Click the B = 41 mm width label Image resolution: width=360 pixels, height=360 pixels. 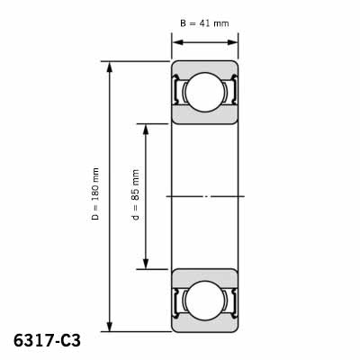point(204,23)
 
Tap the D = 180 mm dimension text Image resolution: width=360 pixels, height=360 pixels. point(95,193)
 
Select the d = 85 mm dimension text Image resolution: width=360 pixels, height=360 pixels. point(136,195)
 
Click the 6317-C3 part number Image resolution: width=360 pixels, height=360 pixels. point(47,341)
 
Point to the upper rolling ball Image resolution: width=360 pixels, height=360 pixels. point(205,93)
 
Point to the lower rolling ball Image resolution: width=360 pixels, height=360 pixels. point(205,301)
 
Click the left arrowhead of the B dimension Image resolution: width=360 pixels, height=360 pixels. point(177,42)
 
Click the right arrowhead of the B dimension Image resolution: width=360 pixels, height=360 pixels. point(232,42)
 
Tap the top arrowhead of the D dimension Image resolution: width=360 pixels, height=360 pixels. point(110,67)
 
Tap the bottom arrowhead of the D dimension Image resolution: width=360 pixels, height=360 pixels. point(110,326)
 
